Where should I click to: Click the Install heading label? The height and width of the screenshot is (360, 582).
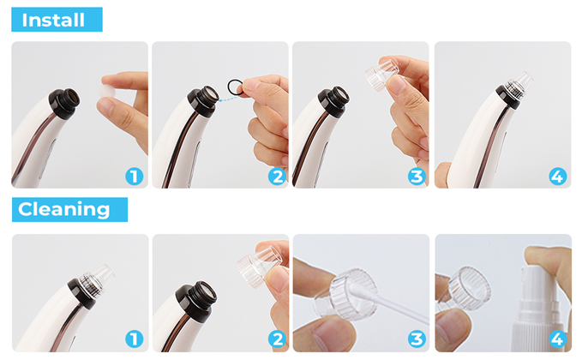[x=57, y=20]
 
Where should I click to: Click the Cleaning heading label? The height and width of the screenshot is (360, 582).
[x=69, y=210]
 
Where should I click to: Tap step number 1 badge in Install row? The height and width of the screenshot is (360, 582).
[x=135, y=177]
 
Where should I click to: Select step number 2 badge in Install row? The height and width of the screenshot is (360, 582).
[x=277, y=177]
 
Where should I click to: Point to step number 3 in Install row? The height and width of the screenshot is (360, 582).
[x=417, y=177]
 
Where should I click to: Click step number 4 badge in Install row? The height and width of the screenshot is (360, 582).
[x=557, y=177]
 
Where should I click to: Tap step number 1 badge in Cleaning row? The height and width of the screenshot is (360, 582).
[x=135, y=339]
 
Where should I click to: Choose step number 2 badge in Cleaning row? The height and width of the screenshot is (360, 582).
[x=277, y=339]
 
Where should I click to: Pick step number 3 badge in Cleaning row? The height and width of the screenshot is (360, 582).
[x=417, y=339]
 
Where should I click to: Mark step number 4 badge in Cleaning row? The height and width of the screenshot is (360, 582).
[x=557, y=339]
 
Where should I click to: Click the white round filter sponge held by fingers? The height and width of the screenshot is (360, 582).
[x=107, y=91]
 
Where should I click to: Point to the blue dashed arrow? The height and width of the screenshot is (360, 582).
[x=229, y=99]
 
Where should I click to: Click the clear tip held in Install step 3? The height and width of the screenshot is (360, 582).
[x=381, y=75]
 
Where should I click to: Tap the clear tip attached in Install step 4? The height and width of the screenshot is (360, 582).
[x=517, y=86]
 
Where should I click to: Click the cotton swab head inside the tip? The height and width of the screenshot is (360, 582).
[x=356, y=290]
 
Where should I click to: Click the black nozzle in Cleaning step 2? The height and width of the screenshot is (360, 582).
[x=196, y=301]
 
